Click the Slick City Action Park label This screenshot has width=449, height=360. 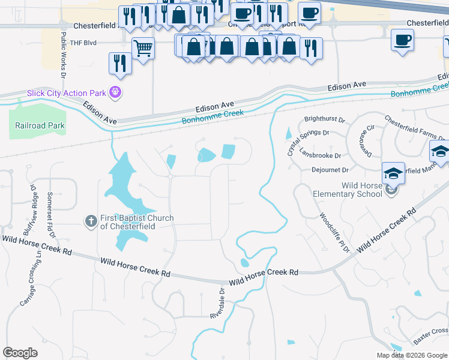pos(65,94)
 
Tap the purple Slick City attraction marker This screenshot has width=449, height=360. pos(116,93)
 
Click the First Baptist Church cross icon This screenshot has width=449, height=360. pos(91,221)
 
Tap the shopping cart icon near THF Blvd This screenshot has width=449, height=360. pos(143,48)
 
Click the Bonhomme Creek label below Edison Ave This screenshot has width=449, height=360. pos(214,116)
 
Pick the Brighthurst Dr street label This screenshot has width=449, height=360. pos(325,119)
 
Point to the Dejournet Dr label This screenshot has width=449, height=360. pos(330,170)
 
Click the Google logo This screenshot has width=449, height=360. pos(20,353)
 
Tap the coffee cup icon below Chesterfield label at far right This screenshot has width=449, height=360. pos(402,40)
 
